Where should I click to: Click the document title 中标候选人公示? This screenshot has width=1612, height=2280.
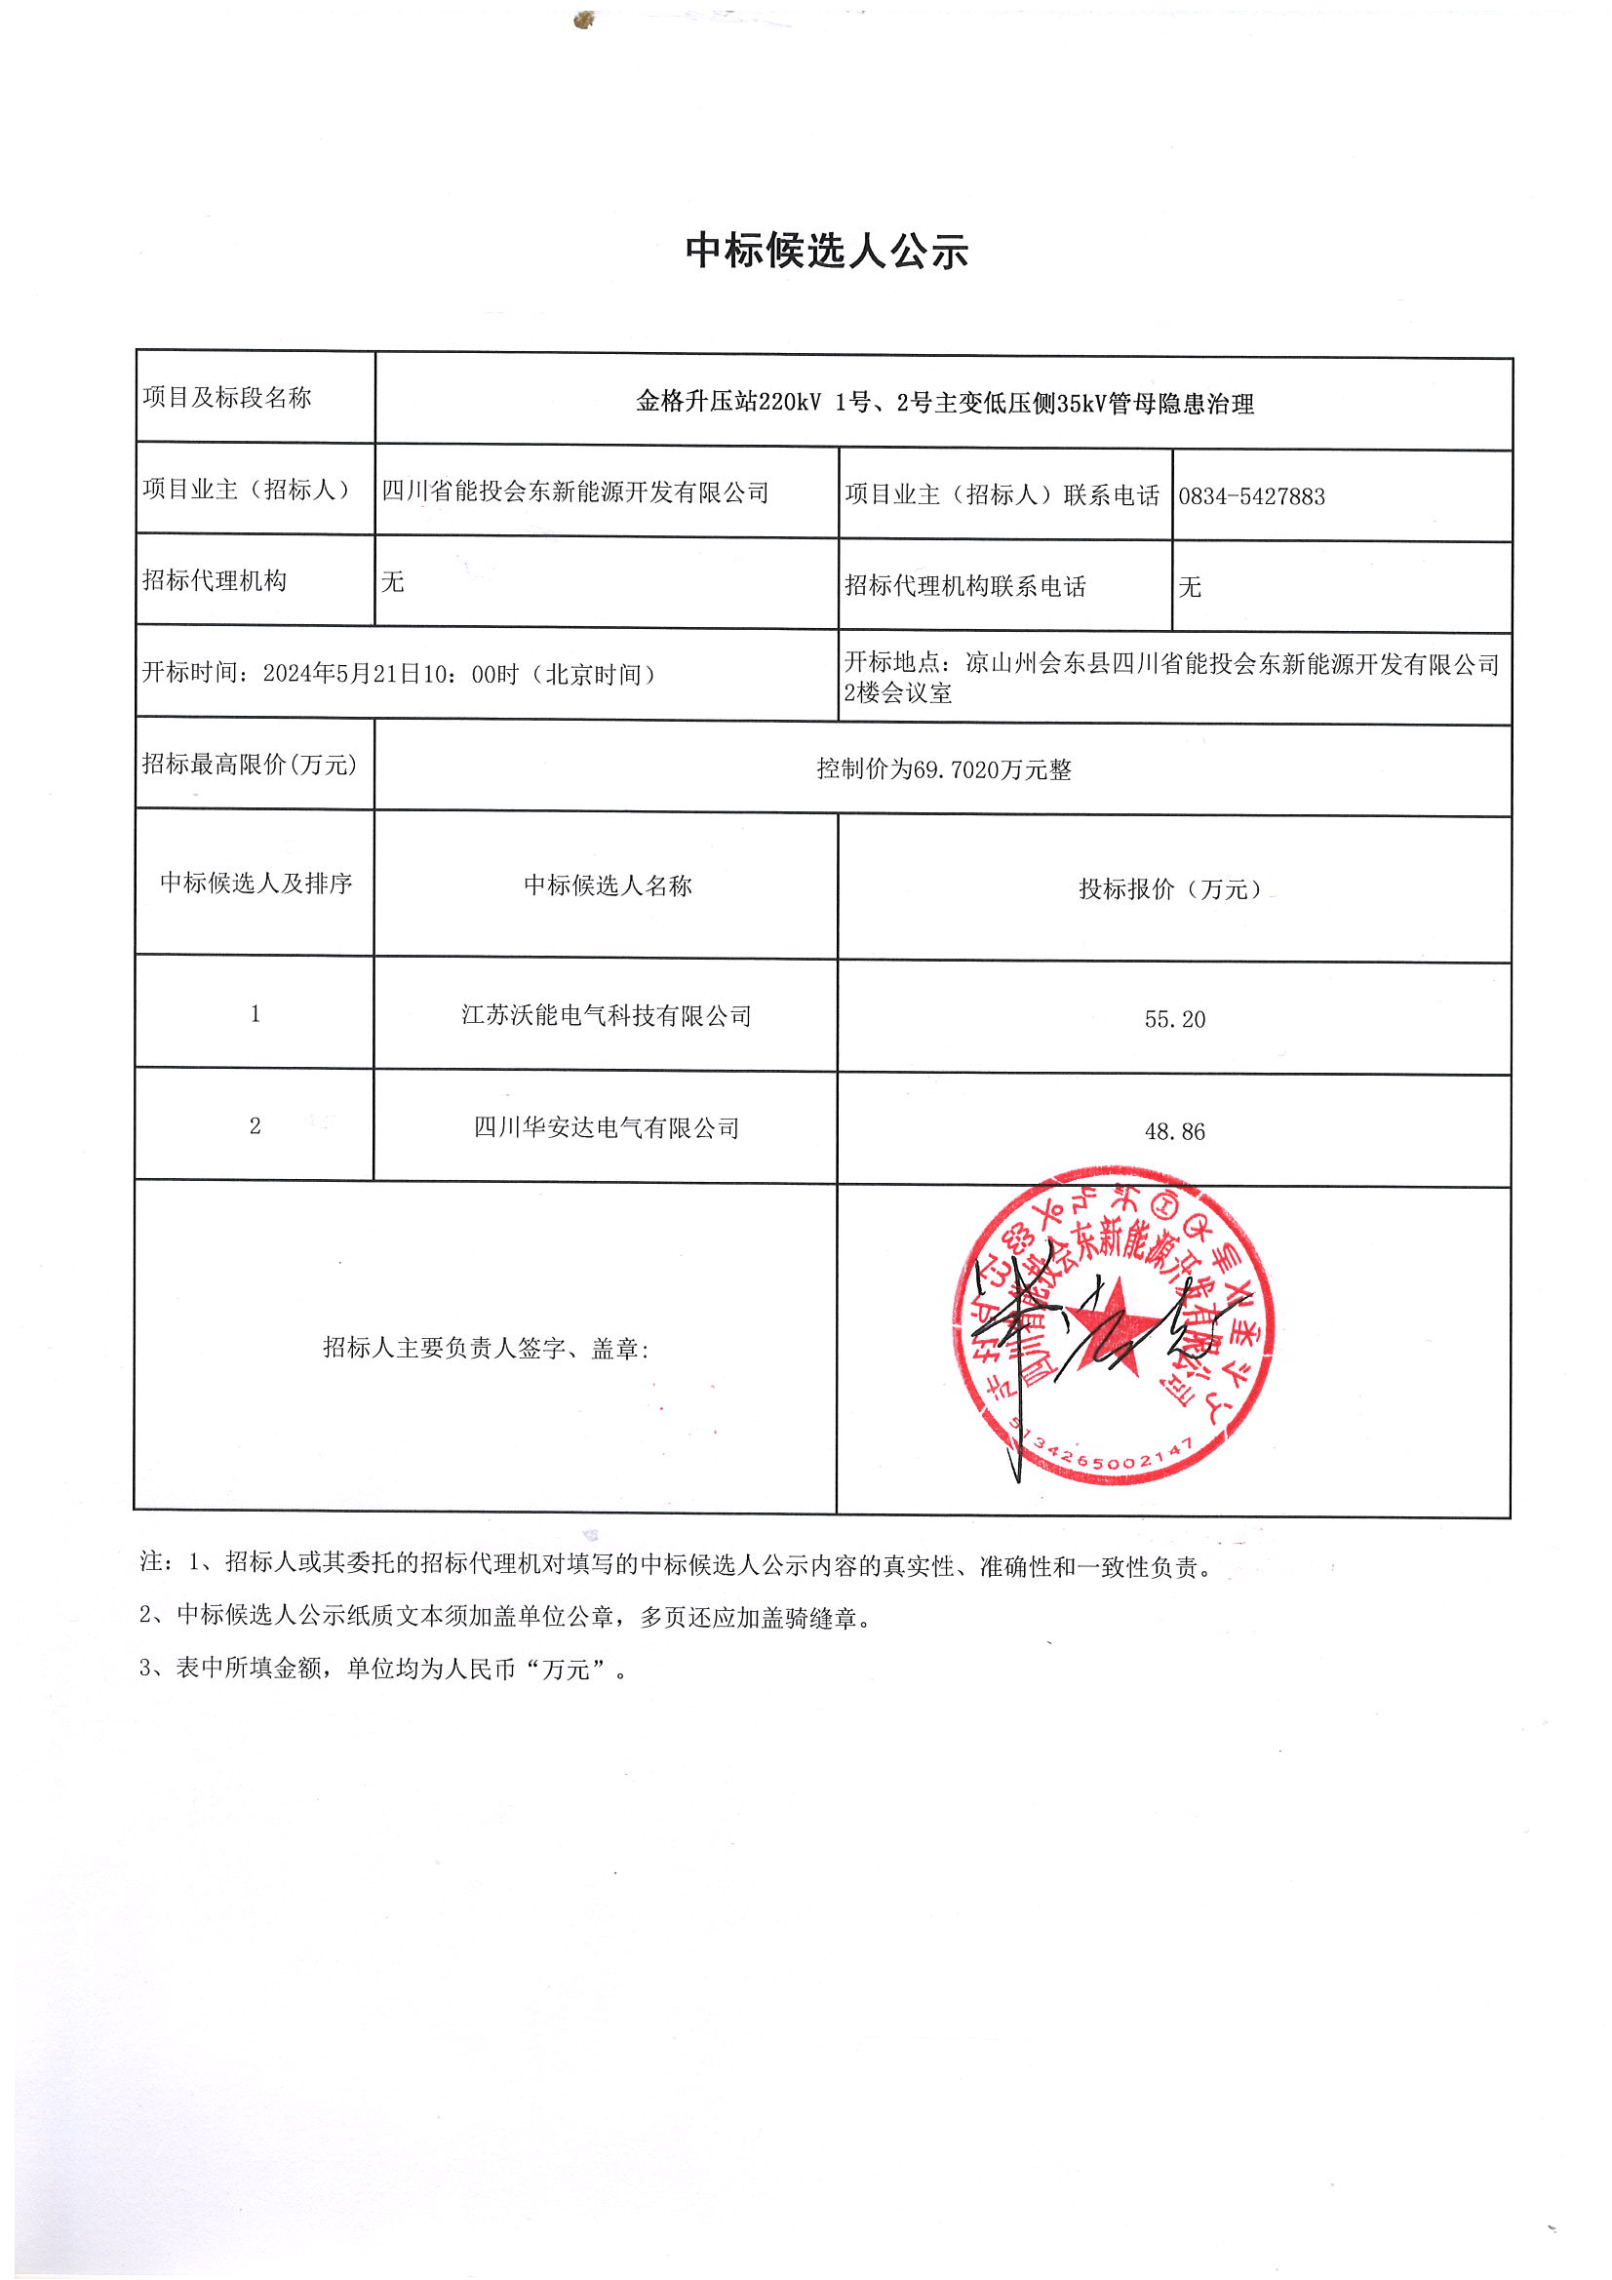point(825,251)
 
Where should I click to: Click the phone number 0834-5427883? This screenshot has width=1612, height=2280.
point(1250,496)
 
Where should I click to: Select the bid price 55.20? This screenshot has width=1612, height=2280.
point(1174,1020)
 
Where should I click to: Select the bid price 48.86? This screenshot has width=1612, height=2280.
point(1174,1132)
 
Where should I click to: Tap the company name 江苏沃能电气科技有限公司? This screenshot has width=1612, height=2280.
point(606,1016)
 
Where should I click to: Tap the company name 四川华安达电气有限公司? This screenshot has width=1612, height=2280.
point(606,1128)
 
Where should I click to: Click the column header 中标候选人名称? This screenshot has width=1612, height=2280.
point(607,885)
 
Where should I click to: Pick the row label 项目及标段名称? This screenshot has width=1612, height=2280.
point(226,398)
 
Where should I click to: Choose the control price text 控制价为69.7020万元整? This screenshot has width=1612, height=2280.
point(944,769)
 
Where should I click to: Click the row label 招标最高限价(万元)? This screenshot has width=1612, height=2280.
point(250,765)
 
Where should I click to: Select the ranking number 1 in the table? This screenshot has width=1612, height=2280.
point(256,1014)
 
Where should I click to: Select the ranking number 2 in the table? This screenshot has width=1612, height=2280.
point(256,1126)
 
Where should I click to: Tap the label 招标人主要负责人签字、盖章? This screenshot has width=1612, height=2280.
point(486,1348)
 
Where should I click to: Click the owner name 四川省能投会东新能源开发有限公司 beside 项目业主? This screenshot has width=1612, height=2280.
point(575,492)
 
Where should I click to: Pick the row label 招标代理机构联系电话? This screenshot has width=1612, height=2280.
point(964,587)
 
